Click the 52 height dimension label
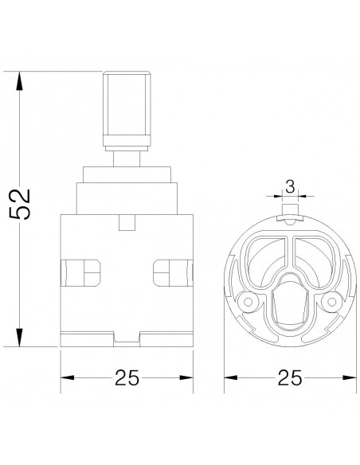pyautogui.click(x=20, y=204)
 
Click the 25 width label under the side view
pyautogui.click(x=127, y=377)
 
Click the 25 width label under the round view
pyautogui.click(x=290, y=377)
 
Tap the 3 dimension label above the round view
pyautogui.click(x=290, y=187)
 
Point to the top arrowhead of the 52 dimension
pyautogui.click(x=20, y=80)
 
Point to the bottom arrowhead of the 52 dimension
pyautogui.click(x=20, y=337)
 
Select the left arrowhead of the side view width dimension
pyautogui.click(x=68, y=377)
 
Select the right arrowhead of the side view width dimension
pyautogui.click(x=186, y=377)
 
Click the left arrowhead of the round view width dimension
pyautogui.click(x=231, y=377)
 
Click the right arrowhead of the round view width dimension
pyautogui.click(x=350, y=377)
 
